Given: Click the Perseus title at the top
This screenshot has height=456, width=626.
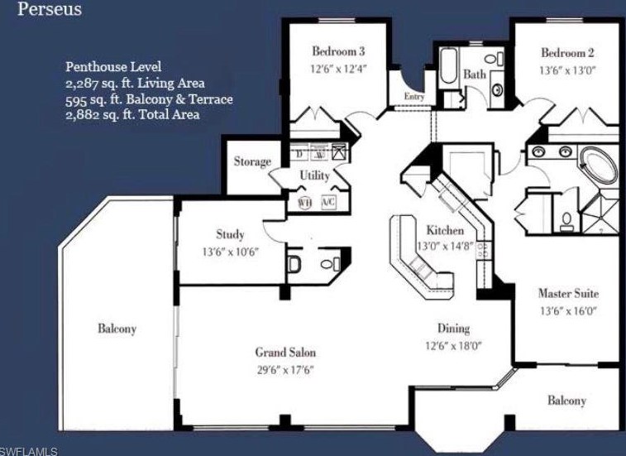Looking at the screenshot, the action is pyautogui.click(x=50, y=9).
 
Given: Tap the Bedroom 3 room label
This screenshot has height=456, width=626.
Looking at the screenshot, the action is pyautogui.click(x=338, y=51).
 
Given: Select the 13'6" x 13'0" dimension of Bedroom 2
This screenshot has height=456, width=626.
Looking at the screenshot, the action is pyautogui.click(x=567, y=70).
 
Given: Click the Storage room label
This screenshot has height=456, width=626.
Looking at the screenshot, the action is pyautogui.click(x=252, y=161).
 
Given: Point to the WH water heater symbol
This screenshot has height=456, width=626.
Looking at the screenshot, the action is pyautogui.click(x=305, y=203).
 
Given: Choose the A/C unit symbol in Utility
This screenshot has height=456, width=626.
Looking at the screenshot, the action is pyautogui.click(x=328, y=202).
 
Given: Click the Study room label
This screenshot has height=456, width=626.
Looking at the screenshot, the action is pyautogui.click(x=230, y=234).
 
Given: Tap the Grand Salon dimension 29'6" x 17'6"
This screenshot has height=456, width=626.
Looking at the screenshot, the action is pyautogui.click(x=285, y=370).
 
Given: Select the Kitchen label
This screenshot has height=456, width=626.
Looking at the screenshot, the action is pyautogui.click(x=445, y=230).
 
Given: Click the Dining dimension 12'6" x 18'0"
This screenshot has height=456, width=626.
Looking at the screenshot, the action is pyautogui.click(x=453, y=346).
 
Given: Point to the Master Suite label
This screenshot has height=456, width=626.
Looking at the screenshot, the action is pyautogui.click(x=568, y=293).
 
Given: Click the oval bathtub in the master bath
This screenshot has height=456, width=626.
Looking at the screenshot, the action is pyautogui.click(x=597, y=166).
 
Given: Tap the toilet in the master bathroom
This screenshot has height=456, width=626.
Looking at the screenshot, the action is pyautogui.click(x=566, y=222).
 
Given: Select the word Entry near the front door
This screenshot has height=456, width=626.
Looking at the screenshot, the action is pyautogui.click(x=414, y=96).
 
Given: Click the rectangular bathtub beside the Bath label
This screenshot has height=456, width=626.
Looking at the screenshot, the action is pyautogui.click(x=449, y=65).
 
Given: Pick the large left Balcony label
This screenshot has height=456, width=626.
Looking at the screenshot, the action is pyautogui.click(x=117, y=329).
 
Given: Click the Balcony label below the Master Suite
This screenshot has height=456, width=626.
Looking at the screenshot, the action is pyautogui.click(x=566, y=401).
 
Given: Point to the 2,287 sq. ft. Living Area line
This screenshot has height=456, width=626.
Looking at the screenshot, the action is pyautogui.click(x=135, y=83).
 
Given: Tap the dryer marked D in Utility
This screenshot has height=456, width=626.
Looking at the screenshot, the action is pyautogui.click(x=300, y=154).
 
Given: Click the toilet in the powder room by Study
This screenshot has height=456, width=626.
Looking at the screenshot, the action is pyautogui.click(x=294, y=264).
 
